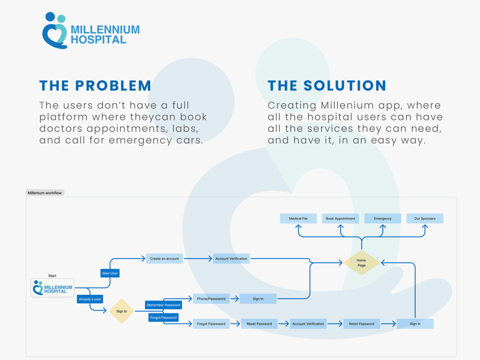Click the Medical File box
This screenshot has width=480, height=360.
tap(298, 218)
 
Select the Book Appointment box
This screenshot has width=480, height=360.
tap(340, 218)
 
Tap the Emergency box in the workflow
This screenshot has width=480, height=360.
tap(383, 218)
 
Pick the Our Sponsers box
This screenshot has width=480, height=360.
tap(425, 218)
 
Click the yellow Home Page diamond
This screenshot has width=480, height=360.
tap(361, 263)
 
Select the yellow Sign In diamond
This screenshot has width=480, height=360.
tap(121, 312)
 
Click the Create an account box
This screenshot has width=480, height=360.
tap(164, 259)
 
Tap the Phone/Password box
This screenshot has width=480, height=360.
tap(211, 299)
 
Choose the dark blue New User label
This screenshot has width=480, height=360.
tap(110, 273)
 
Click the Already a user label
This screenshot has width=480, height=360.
tap(90, 299)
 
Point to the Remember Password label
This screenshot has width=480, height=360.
tap(164, 305)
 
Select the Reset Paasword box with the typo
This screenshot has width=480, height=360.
tap(361, 324)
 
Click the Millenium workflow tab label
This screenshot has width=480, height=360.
tap(45, 193)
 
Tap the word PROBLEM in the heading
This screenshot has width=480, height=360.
tap(113, 86)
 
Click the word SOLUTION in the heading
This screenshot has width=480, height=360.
tap(345, 86)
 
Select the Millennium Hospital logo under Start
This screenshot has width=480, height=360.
tap(52, 288)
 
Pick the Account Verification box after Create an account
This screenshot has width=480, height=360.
tap(231, 259)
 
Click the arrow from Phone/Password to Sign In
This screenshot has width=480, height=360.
tap(235, 299)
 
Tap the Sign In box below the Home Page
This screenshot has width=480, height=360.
tap(415, 324)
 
